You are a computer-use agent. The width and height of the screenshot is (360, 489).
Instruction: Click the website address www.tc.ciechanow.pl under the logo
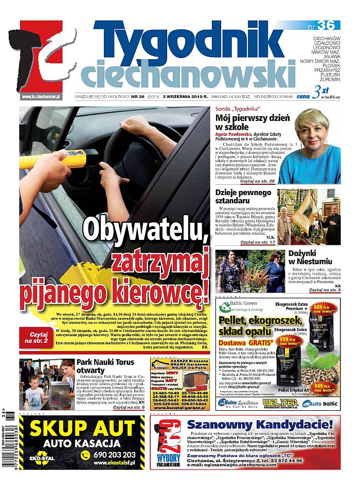(x=41, y=96)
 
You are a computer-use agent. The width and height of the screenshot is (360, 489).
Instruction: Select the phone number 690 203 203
(x=114, y=455)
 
